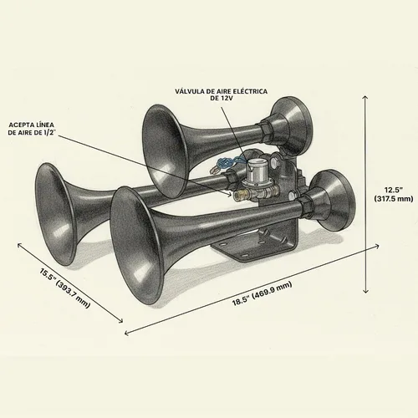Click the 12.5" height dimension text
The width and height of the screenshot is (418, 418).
click(394, 190)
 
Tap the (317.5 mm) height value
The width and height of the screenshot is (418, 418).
click(394, 199)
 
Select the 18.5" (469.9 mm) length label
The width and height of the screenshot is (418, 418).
click(263, 293)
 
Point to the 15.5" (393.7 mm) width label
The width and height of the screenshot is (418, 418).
click(65, 288)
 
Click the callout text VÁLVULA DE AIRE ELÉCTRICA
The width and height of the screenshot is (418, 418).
click(222, 91)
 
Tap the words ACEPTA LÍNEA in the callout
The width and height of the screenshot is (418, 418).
click(31, 125)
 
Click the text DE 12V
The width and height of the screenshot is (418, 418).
click(222, 98)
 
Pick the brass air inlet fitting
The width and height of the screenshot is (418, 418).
click(239, 195)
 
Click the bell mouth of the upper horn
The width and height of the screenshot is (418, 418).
click(165, 147)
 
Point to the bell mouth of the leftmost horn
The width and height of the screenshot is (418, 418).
click(56, 214)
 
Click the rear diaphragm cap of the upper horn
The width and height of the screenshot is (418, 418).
click(292, 125)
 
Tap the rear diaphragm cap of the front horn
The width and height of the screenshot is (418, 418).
click(332, 200)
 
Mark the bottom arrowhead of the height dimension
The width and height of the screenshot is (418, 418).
click(366, 292)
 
